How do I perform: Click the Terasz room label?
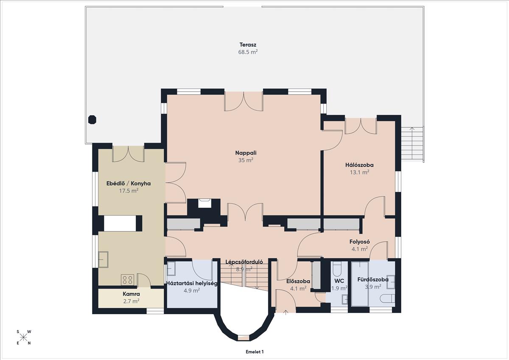pyautogui.click(x=248, y=45)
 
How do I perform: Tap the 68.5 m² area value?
pyautogui.click(x=248, y=52)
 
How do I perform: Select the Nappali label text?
pyautogui.click(x=246, y=153)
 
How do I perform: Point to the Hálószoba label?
pyautogui.click(x=359, y=165)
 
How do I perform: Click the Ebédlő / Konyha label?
pyautogui.click(x=129, y=183)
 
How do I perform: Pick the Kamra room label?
pyautogui.click(x=131, y=294)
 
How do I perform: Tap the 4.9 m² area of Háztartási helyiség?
pyautogui.click(x=192, y=290)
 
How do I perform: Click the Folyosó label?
pyautogui.click(x=360, y=242)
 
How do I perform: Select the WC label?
pyautogui.click(x=339, y=281)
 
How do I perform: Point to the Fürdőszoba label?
pyautogui.click(x=373, y=279)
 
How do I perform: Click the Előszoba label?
pyautogui.click(x=298, y=281)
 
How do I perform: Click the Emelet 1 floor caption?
pyautogui.click(x=255, y=352)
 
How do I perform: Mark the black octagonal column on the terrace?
pyautogui.click(x=92, y=120)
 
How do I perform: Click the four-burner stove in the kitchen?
pyautogui.click(x=128, y=279)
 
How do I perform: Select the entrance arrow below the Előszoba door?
pyautogui.click(x=285, y=313)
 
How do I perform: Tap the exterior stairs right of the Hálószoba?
pyautogui.click(x=412, y=144)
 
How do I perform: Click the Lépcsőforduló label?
pyautogui.click(x=244, y=262)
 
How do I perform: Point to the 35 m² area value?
pyautogui.click(x=246, y=160)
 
